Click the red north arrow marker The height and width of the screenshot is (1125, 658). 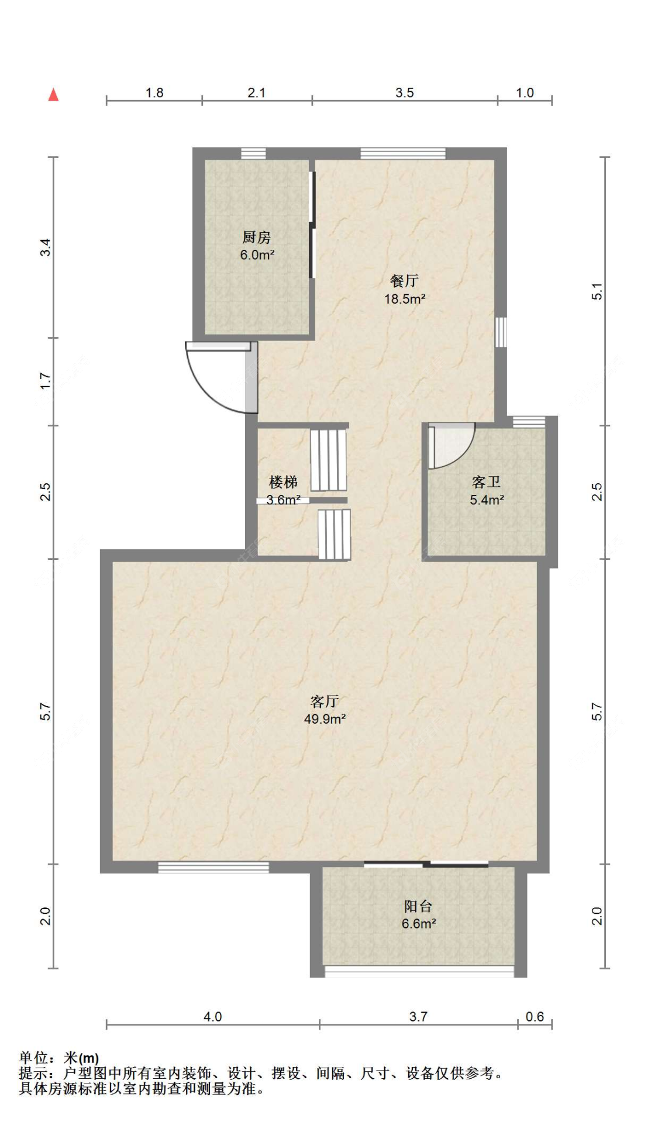point(53,94)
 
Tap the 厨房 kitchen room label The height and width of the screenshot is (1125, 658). point(256,237)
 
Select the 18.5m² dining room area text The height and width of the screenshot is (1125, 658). point(404,299)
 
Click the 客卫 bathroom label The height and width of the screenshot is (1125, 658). point(486,482)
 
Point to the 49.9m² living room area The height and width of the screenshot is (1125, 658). point(325,719)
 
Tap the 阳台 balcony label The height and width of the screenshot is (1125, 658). point(418,906)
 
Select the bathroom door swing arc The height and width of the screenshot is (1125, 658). point(453,448)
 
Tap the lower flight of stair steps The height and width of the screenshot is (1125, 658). point(334,534)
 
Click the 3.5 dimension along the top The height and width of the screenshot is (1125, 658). point(404,92)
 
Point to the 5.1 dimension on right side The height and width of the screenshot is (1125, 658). point(597,291)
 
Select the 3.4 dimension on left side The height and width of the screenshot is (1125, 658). point(46,247)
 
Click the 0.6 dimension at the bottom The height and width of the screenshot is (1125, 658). point(534,1016)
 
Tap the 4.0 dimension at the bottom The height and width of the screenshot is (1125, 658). point(212,1016)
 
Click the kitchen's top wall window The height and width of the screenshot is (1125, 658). point(253,153)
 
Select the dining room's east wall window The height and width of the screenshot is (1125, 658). point(501,332)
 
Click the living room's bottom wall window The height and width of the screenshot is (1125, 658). point(213,867)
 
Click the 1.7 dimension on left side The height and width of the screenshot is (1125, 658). point(46,381)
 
